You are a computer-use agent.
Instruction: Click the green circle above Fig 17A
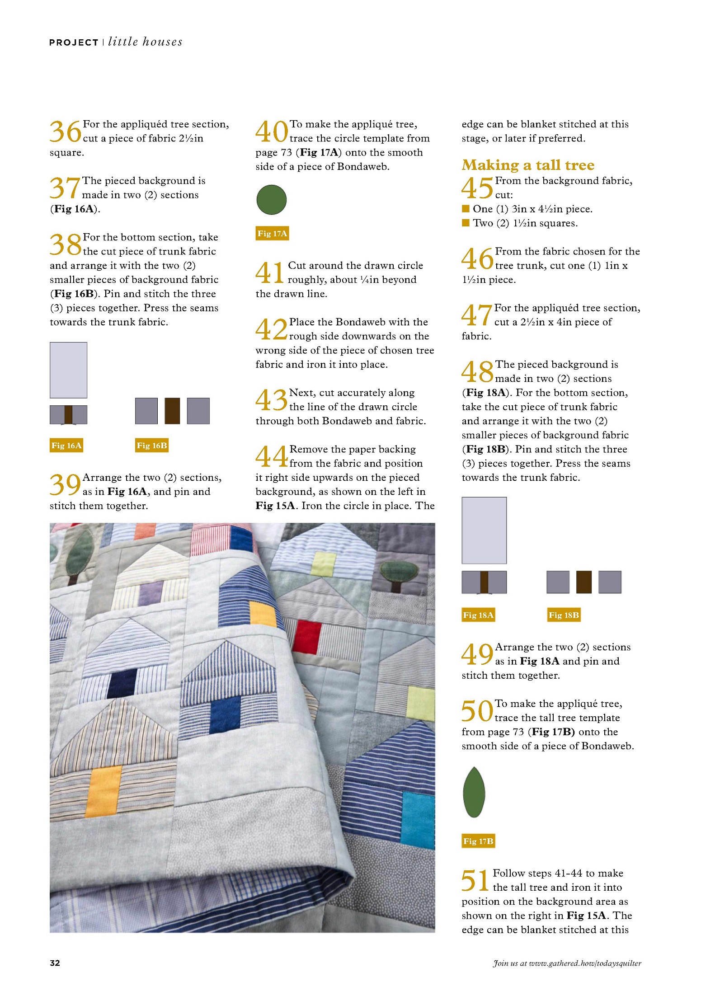(x=271, y=199)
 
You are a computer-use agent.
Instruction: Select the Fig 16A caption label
(x=66, y=446)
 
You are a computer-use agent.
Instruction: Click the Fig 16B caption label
(x=152, y=446)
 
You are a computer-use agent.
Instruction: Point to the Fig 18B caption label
(x=564, y=615)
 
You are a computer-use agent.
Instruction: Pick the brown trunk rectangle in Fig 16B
(x=172, y=411)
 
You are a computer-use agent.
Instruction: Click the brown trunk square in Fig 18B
(x=584, y=582)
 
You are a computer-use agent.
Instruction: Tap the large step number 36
(x=65, y=132)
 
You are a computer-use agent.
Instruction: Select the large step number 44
(x=271, y=456)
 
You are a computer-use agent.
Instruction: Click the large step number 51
(x=475, y=880)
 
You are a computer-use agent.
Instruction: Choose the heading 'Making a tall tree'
(x=528, y=165)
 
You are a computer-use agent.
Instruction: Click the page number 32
(x=55, y=963)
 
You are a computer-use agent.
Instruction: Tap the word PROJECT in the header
(x=74, y=42)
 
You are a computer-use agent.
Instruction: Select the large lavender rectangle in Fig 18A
(x=484, y=531)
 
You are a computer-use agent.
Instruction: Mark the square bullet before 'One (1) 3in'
(x=466, y=208)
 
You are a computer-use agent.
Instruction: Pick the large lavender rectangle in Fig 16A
(x=68, y=370)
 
